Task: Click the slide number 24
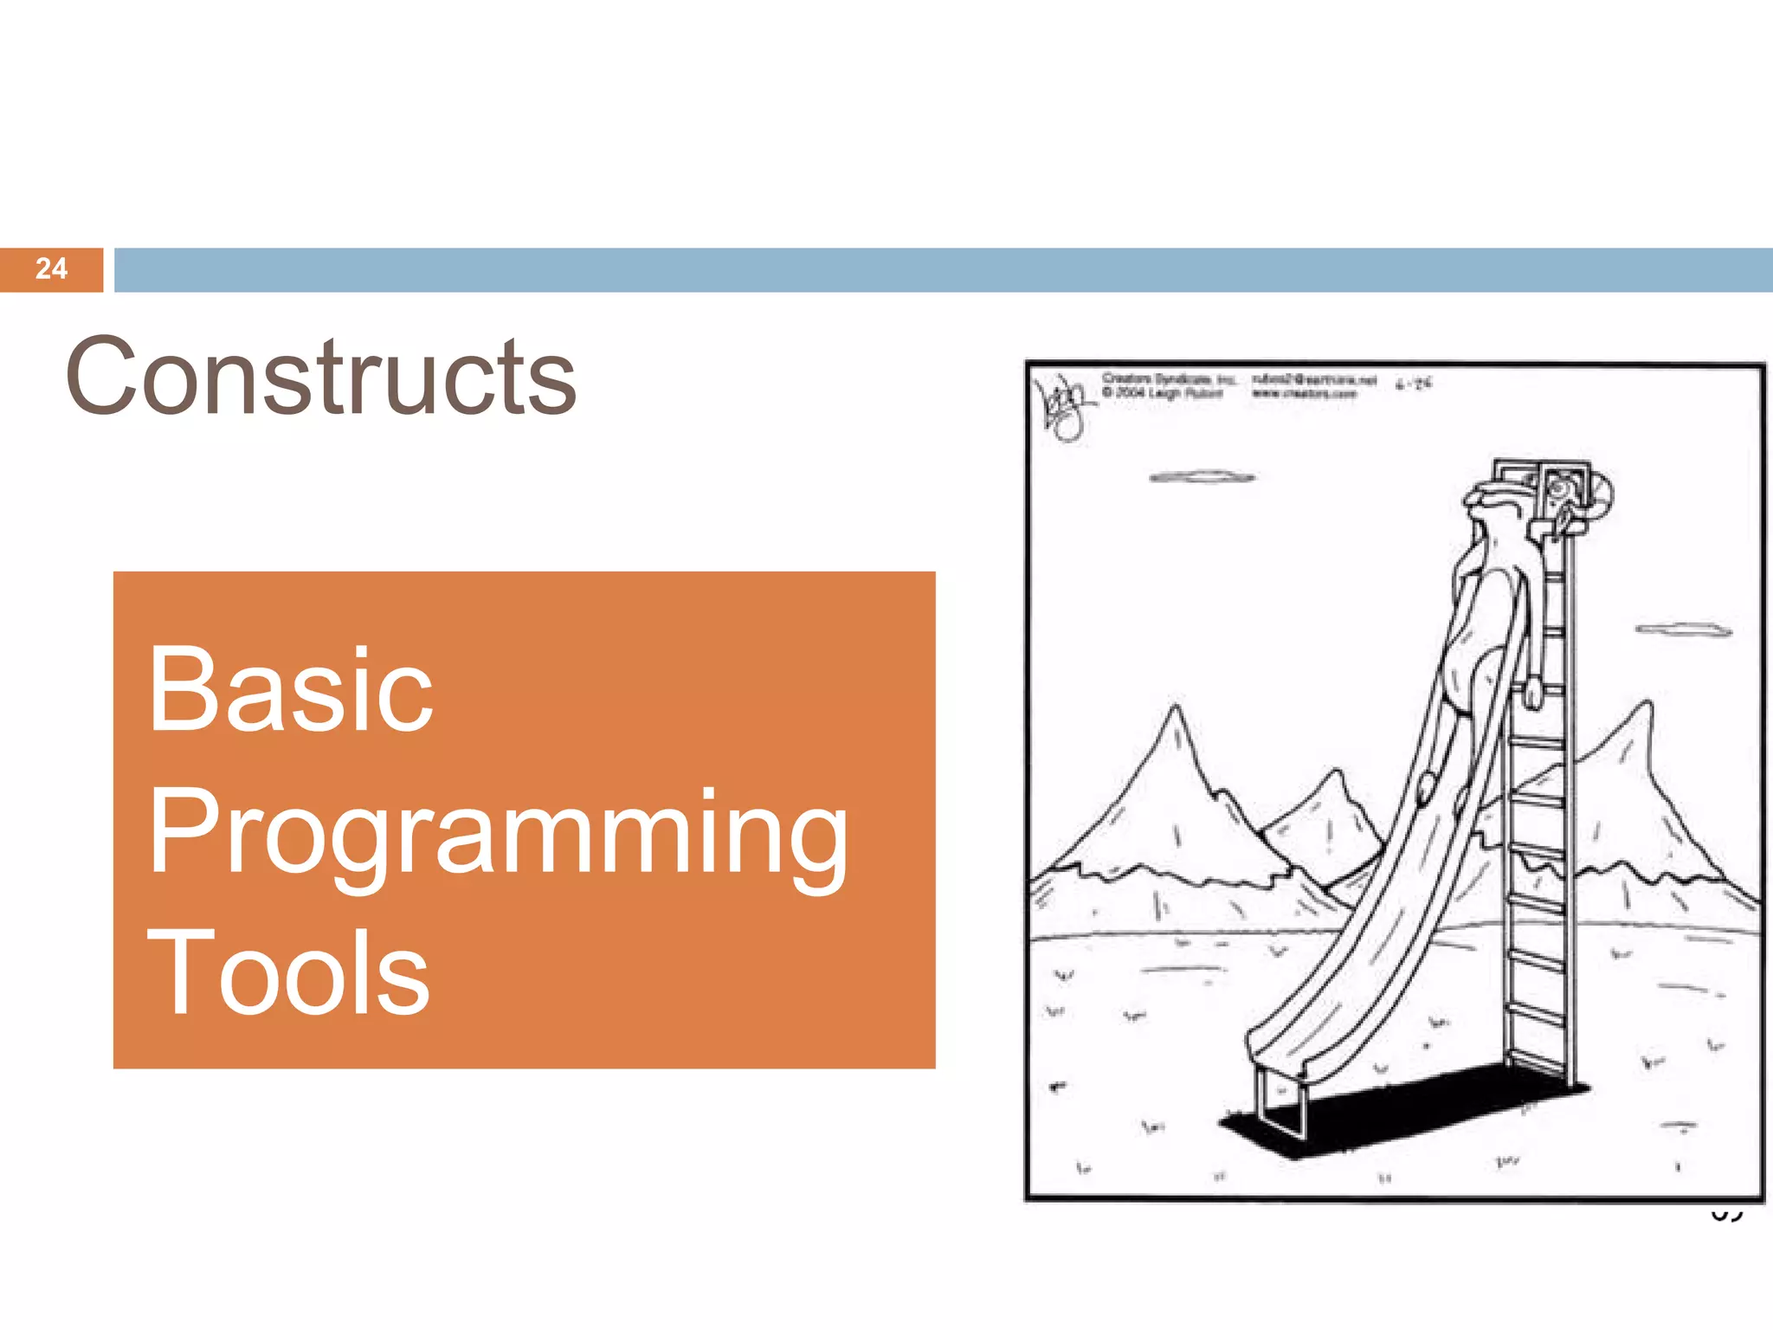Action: pyautogui.click(x=51, y=268)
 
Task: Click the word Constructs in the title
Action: pyautogui.click(x=320, y=377)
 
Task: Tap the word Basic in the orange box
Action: pyautogui.click(x=290, y=690)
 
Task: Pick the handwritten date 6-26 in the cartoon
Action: pyautogui.click(x=1414, y=384)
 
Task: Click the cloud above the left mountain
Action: pyautogui.click(x=1202, y=477)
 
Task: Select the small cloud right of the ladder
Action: pyautogui.click(x=1683, y=629)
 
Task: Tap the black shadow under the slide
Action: pyautogui.click(x=1402, y=1113)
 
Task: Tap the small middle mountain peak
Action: pyautogui.click(x=1338, y=773)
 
